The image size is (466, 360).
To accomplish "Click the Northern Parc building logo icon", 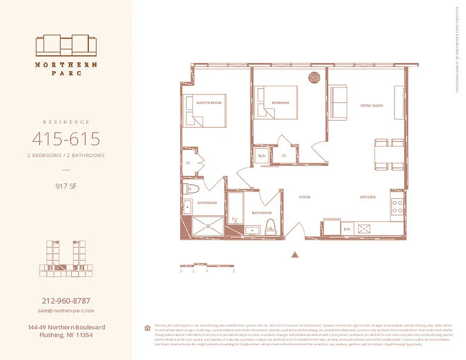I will click(x=66, y=45).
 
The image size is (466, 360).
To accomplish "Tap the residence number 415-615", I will click(x=66, y=139).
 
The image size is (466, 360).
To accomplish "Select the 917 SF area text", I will click(x=66, y=185).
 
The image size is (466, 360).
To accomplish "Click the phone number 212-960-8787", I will click(x=66, y=301).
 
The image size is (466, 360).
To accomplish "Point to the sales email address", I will click(x=66, y=311).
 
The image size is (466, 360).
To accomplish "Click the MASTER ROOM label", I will click(x=209, y=103).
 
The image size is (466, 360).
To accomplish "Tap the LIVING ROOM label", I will click(x=371, y=106).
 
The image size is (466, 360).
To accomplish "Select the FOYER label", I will click(x=305, y=198).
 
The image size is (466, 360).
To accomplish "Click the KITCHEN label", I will click(x=367, y=198).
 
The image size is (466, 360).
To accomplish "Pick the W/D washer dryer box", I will click(x=261, y=156).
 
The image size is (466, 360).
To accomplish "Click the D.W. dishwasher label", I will click(x=347, y=229).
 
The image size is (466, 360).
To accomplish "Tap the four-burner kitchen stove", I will click(x=397, y=207).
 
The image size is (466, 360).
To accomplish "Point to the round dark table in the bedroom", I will click(x=314, y=77).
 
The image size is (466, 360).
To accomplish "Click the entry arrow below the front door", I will click(x=295, y=254).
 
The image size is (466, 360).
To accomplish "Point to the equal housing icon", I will click(x=147, y=328).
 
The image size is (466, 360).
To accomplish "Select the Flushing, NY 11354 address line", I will click(x=66, y=335).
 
